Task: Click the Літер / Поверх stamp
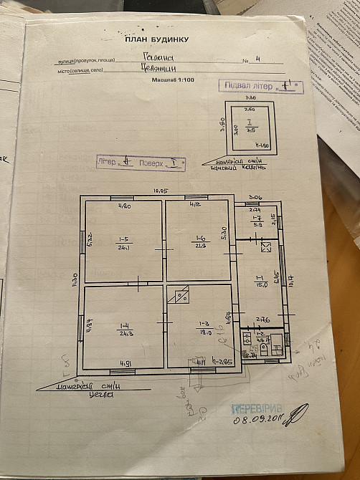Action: [141, 162]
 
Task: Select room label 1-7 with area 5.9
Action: [256, 221]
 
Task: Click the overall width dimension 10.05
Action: [160, 191]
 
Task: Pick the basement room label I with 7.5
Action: [251, 125]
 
